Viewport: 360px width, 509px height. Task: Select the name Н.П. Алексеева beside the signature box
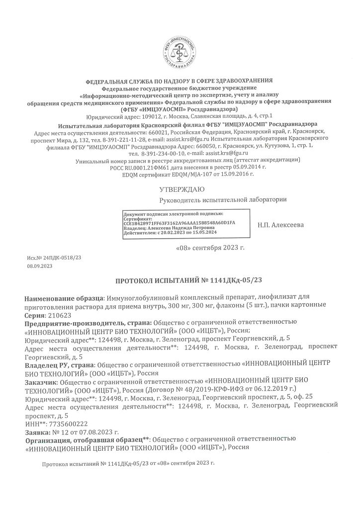(x=281, y=225)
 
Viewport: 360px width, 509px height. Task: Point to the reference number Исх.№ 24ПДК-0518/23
(x=54, y=258)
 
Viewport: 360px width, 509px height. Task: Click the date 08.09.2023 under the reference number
(x=40, y=266)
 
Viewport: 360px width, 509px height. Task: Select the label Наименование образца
(x=64, y=297)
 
